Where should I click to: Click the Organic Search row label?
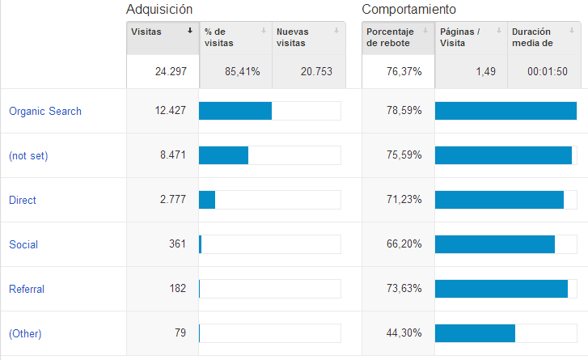pos(45,111)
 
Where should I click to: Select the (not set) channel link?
pos(28,155)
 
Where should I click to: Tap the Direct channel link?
pos(23,200)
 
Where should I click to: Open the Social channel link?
pos(23,244)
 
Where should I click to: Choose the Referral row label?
pos(27,289)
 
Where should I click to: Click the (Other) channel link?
pos(25,333)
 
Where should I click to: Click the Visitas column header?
pos(146,32)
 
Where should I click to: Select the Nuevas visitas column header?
pos(293,37)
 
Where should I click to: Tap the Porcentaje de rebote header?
pos(388,37)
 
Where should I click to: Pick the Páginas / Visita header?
pos(460,37)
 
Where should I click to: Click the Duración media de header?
pos(532,37)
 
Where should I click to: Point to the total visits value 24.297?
pos(171,71)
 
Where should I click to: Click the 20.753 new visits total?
pos(317,71)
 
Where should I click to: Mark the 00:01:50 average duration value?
pos(548,71)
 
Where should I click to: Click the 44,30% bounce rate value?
pos(404,333)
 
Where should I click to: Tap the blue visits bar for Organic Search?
pos(235,111)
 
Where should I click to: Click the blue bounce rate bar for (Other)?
pos(475,333)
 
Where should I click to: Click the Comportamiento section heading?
pos(408,10)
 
